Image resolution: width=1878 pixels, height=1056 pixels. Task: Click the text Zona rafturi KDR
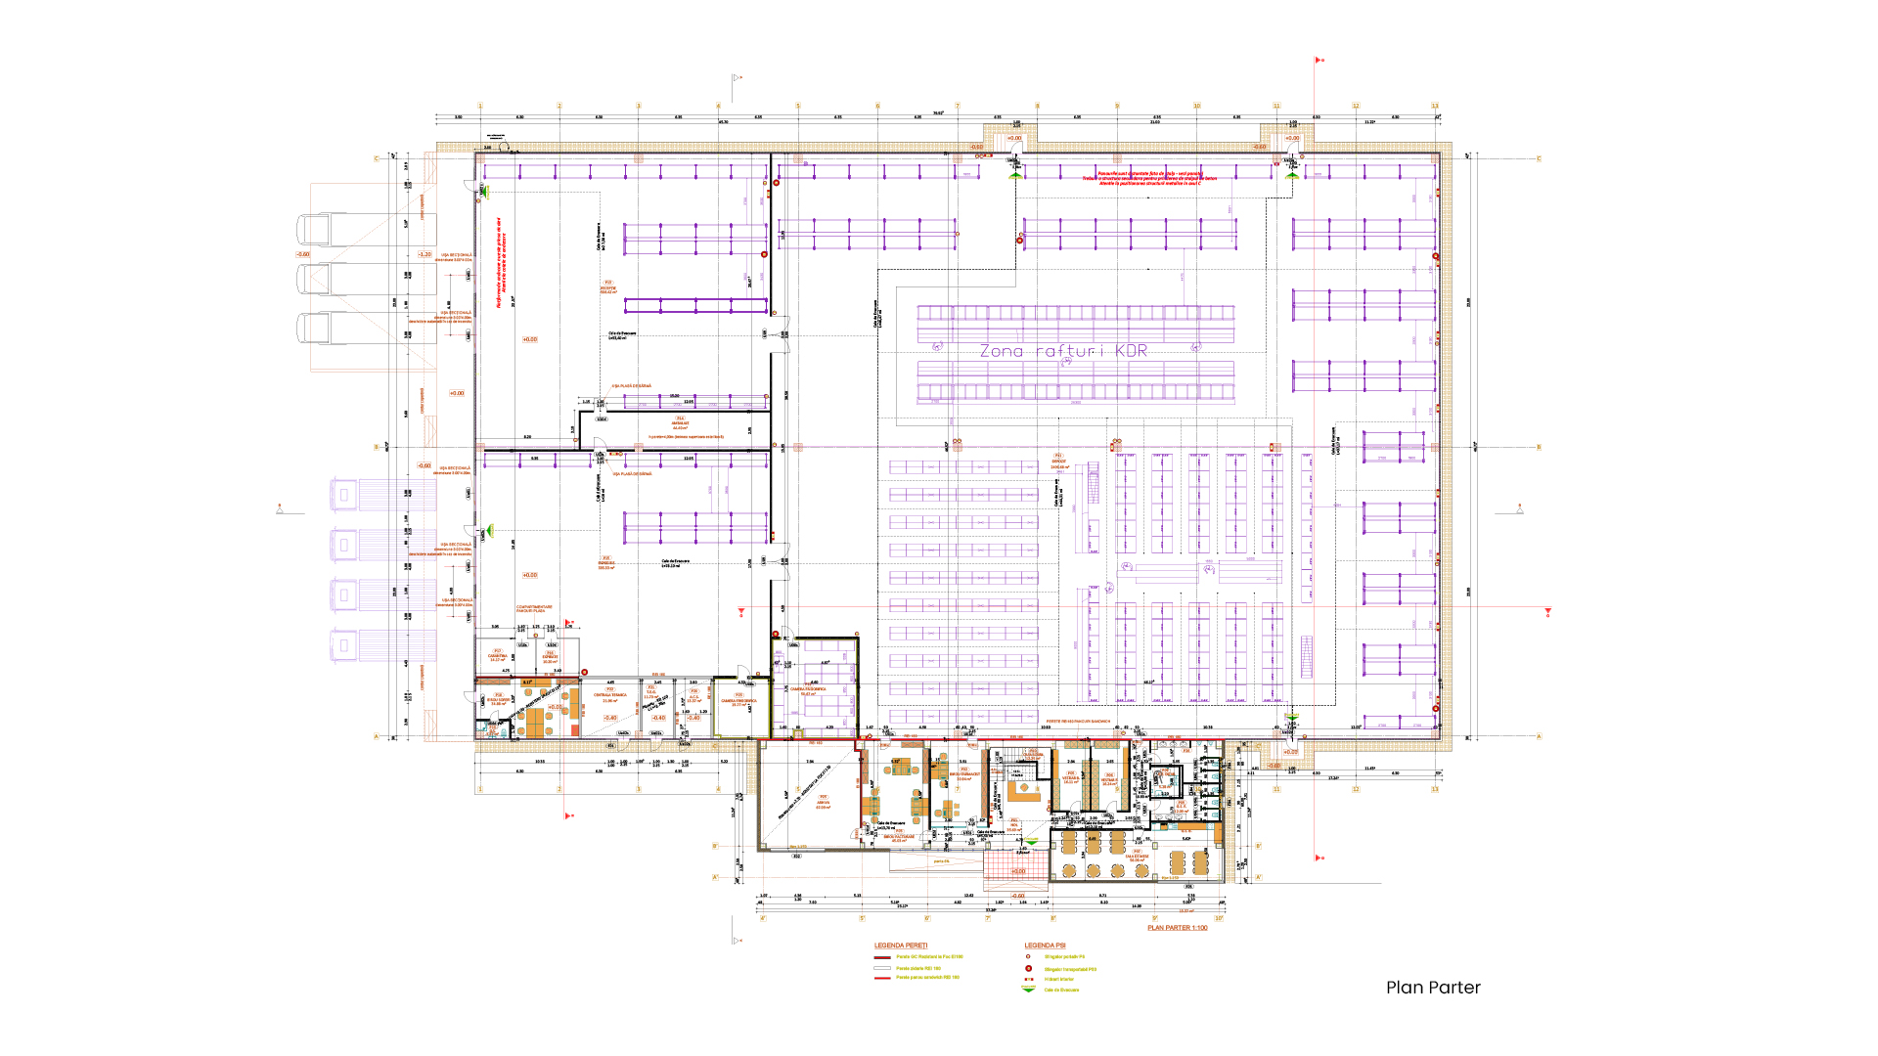[x=1063, y=351]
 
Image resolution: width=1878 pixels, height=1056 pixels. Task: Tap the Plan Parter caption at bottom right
[x=1433, y=988]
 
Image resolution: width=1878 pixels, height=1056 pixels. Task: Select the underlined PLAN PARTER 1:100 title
[x=1177, y=928]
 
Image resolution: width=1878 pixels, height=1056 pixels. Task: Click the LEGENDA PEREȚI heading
[x=901, y=946]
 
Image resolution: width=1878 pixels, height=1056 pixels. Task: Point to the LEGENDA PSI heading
[x=1045, y=946]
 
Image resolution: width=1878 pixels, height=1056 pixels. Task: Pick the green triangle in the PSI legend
[x=1028, y=990]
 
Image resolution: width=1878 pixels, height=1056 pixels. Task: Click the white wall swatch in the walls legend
[x=881, y=968]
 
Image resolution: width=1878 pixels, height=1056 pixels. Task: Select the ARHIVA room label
[x=824, y=802]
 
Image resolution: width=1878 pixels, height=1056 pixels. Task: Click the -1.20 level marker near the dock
[x=425, y=254]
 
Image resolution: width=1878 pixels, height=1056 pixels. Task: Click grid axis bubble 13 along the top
[x=1435, y=106]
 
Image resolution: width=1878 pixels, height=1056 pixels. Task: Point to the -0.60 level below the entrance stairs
[x=1017, y=896]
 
